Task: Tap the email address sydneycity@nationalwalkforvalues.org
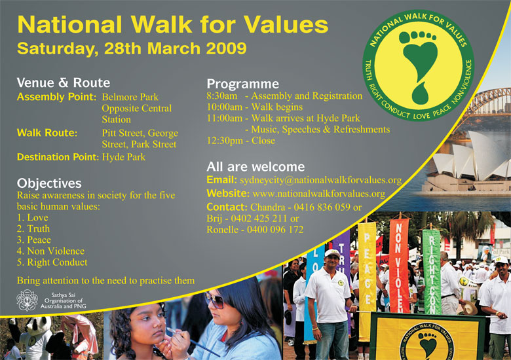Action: pyautogui.click(x=320, y=180)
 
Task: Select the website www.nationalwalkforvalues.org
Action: pyautogui.click(x=319, y=194)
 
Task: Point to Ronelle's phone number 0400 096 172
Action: pyautogui.click(x=275, y=230)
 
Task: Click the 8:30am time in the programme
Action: pyautogui.click(x=222, y=96)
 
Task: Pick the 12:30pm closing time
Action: pyautogui.click(x=225, y=141)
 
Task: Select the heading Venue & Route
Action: pyautogui.click(x=64, y=82)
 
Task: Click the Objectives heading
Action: pyautogui.click(x=49, y=183)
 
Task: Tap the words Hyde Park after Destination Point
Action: pyautogui.click(x=124, y=157)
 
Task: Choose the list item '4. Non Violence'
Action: pyautogui.click(x=50, y=251)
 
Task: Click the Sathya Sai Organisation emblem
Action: pyautogui.click(x=27, y=300)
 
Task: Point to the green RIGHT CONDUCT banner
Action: pyautogui.click(x=432, y=272)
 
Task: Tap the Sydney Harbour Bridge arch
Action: pyautogui.click(x=489, y=101)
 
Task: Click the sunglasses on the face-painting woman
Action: pyautogui.click(x=214, y=300)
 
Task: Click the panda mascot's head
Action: pyautogui.click(x=39, y=326)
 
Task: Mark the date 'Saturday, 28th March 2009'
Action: pyautogui.click(x=132, y=48)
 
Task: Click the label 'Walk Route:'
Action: pyautogui.click(x=47, y=133)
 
